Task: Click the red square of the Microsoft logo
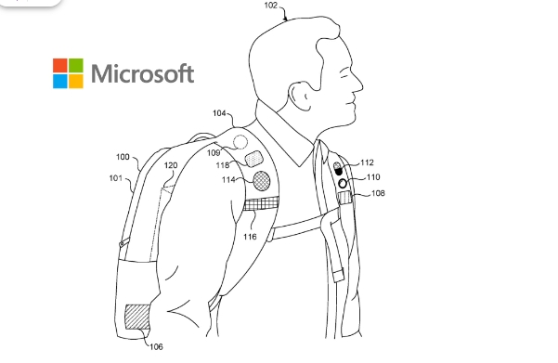click(62, 66)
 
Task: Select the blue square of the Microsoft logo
click(62, 82)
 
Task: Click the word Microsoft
click(143, 73)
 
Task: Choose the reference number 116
click(250, 237)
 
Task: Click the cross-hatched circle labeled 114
click(264, 178)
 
